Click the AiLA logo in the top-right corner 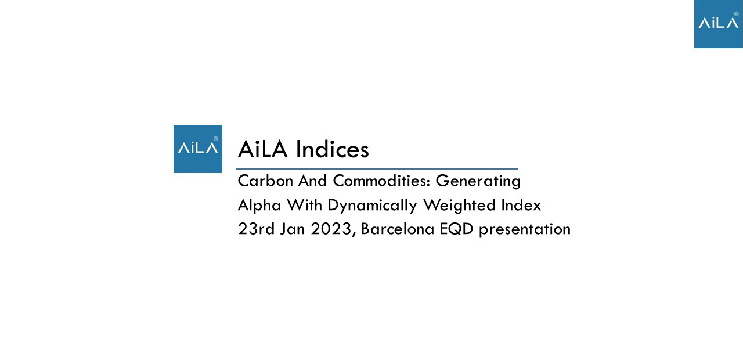pos(719,24)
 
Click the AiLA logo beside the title pos(198,149)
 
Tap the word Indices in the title pos(332,149)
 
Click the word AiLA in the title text pos(262,149)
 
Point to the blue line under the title pos(377,169)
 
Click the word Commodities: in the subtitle pos(381,181)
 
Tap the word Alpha pos(259,206)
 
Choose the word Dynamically pos(372,206)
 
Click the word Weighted pos(459,206)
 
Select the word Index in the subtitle pos(521,205)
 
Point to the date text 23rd pos(257,229)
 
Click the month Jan pos(292,229)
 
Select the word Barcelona pos(398,229)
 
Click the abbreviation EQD pos(456,229)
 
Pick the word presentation pos(525,229)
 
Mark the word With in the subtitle pos(305,205)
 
